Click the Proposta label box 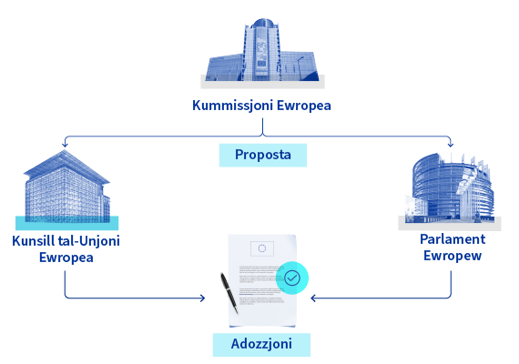click(x=263, y=155)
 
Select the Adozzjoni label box click(x=261, y=345)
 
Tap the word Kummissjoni click(x=233, y=106)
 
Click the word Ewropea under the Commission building click(x=304, y=106)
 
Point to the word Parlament click(x=453, y=239)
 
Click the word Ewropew click(x=453, y=256)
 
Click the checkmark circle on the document click(x=292, y=278)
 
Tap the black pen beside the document click(x=229, y=293)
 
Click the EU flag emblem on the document click(x=262, y=248)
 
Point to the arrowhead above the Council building click(x=65, y=144)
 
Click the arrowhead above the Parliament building click(x=451, y=144)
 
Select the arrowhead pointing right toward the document click(x=202, y=298)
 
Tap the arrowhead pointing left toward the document click(x=313, y=298)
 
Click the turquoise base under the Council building click(x=66, y=223)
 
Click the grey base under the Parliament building click(x=450, y=223)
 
